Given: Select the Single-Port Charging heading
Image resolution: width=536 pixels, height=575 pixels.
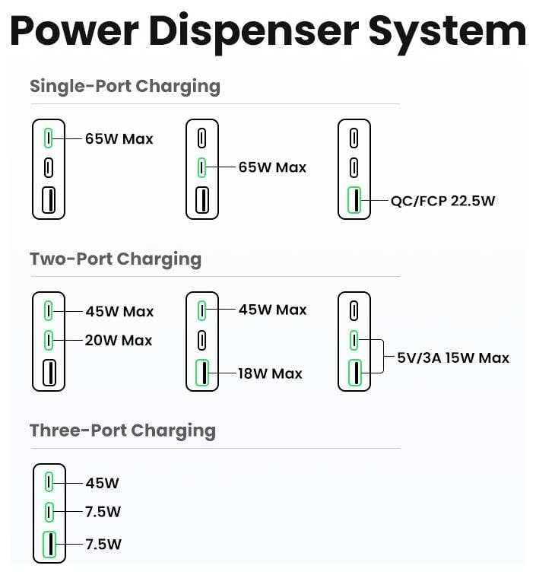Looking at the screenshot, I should (x=125, y=86).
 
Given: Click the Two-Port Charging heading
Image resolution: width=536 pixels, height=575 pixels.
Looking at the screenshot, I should (x=116, y=259).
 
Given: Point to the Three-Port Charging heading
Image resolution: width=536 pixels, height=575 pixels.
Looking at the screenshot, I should (x=122, y=430).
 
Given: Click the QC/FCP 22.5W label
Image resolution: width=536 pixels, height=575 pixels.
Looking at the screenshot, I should (x=442, y=201).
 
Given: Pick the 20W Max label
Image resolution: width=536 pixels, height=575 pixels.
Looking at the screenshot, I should (x=119, y=340).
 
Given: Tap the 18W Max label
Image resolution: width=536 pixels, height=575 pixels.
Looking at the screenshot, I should (x=271, y=373).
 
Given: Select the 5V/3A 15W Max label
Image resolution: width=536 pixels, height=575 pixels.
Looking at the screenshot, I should (x=453, y=357).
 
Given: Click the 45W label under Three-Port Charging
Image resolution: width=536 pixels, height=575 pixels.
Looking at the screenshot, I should (x=102, y=483).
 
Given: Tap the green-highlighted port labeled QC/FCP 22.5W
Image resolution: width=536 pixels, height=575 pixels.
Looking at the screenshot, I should (x=354, y=201).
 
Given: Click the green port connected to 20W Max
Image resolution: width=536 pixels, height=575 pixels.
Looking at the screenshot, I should (x=49, y=340).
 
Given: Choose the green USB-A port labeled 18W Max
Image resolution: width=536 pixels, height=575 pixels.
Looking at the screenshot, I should (x=202, y=373).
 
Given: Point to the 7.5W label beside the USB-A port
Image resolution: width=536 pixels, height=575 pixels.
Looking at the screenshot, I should (x=103, y=544).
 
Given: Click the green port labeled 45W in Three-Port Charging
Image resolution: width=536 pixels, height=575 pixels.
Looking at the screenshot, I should (x=49, y=482).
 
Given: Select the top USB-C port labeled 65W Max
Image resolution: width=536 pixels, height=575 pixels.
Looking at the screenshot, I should (x=49, y=138).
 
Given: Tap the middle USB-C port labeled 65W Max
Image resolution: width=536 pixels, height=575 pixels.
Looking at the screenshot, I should (x=202, y=167).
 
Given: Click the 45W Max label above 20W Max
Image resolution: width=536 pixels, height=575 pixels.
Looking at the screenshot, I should (x=119, y=311).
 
